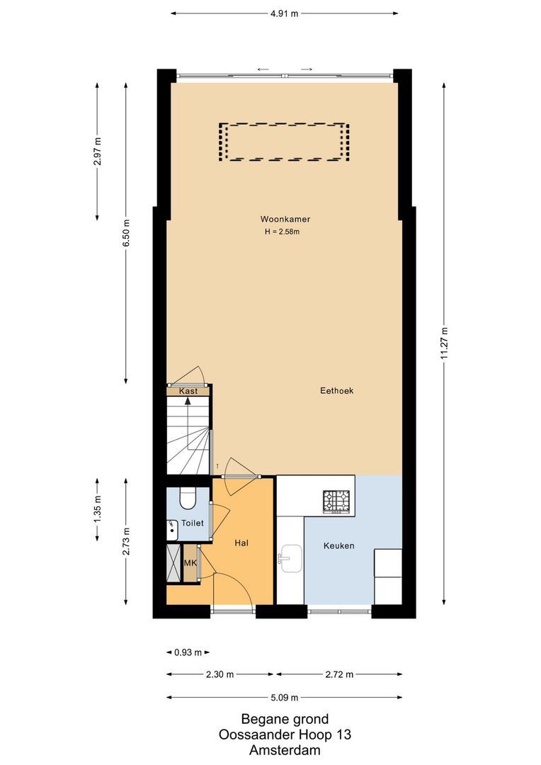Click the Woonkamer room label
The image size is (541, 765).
point(285,219)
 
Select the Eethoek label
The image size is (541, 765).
point(336,390)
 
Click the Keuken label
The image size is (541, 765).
point(338,545)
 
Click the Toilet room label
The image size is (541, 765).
point(192,523)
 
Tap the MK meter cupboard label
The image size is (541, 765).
point(190,563)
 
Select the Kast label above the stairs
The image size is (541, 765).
point(188,391)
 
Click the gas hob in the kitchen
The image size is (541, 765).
point(337,501)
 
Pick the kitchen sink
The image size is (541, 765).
point(290,558)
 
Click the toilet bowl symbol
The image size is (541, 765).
point(188,499)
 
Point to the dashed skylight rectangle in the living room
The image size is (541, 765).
point(284,142)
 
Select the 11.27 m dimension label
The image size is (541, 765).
point(444,342)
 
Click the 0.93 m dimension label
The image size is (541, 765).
point(188,652)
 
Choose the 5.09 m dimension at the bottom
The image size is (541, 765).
point(285,697)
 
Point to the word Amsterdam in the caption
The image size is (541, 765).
point(285,750)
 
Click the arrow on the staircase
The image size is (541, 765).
point(188,401)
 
